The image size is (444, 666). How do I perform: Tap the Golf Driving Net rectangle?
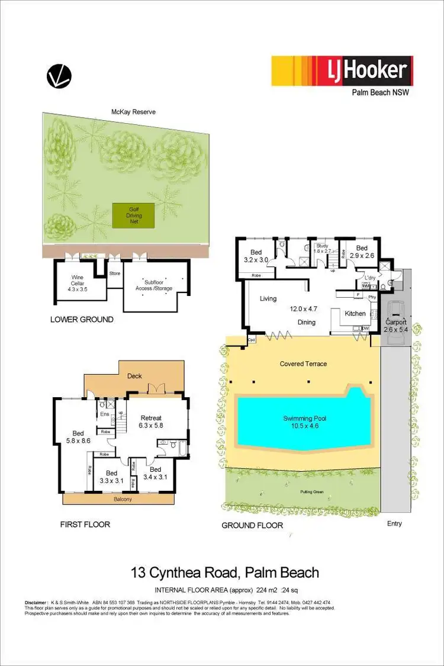134,214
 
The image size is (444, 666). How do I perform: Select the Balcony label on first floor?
118,499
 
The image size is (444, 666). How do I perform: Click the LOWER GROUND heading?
82,320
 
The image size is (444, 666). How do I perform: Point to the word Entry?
394,523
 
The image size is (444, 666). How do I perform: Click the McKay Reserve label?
133,111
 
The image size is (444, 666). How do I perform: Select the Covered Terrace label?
303,363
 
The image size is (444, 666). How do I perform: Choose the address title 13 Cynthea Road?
224,572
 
